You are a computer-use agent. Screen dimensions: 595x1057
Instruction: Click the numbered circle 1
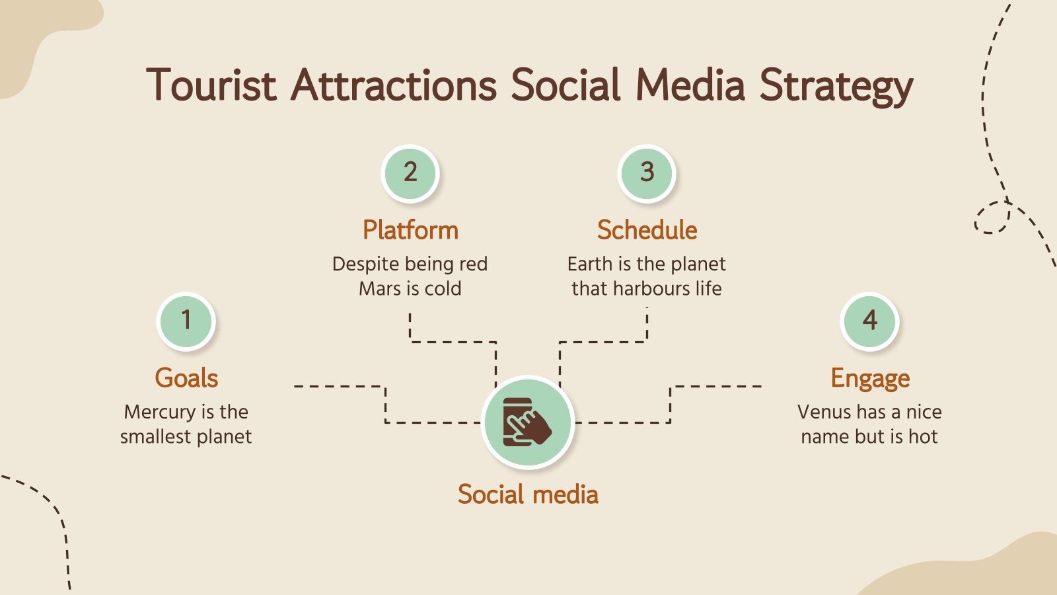click(186, 321)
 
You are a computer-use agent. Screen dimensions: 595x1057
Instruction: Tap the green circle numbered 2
click(410, 173)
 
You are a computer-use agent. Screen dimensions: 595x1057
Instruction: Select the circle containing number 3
click(647, 173)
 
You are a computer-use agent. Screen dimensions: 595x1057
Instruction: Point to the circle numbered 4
click(869, 321)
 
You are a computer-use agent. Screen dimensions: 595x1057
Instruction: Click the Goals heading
click(186, 378)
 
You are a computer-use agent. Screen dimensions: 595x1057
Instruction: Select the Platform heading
click(410, 230)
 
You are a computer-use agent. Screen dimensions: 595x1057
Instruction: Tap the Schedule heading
click(647, 230)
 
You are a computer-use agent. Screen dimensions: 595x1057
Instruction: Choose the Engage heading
click(870, 378)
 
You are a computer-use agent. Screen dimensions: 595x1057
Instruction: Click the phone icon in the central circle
click(527, 422)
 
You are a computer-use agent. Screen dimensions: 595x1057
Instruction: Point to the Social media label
click(528, 495)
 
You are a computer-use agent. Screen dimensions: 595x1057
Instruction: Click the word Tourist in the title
click(211, 85)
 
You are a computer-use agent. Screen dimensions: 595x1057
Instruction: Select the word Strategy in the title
click(836, 87)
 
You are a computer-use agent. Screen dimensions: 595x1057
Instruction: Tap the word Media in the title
click(690, 85)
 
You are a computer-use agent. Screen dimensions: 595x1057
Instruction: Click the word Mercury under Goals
click(161, 413)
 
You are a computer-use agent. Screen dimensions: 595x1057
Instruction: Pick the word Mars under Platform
click(379, 289)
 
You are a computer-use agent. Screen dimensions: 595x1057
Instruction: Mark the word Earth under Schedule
click(590, 264)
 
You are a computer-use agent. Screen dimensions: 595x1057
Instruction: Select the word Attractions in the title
click(394, 85)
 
